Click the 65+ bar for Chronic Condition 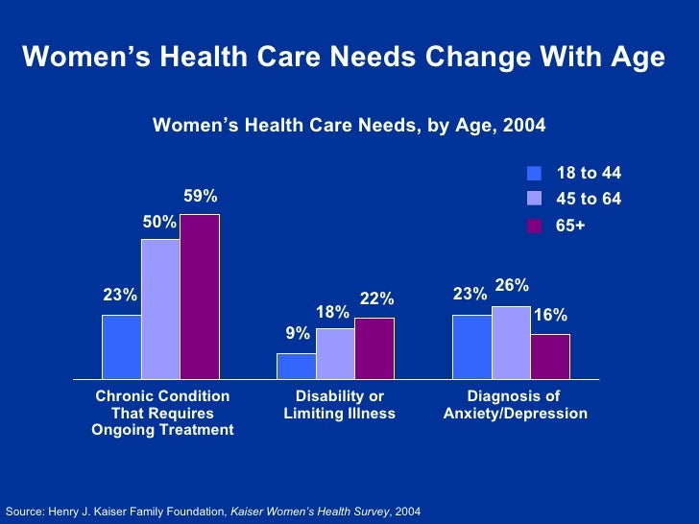click(200, 297)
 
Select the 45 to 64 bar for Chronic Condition click(160, 309)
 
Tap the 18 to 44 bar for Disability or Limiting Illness click(297, 366)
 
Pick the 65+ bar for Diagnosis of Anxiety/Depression click(550, 356)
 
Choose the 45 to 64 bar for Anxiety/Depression click(511, 343)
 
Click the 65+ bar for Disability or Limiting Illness click(374, 348)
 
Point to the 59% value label click(201, 197)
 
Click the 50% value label click(159, 222)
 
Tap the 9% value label click(298, 334)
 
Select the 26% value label click(512, 286)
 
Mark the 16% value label click(550, 315)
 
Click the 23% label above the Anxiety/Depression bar click(470, 296)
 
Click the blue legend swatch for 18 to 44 click(535, 174)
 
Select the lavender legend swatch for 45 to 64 click(535, 199)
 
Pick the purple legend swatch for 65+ click(535, 226)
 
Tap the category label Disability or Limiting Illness click(339, 405)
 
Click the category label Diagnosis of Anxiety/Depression click(515, 405)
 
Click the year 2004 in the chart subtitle click(523, 126)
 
